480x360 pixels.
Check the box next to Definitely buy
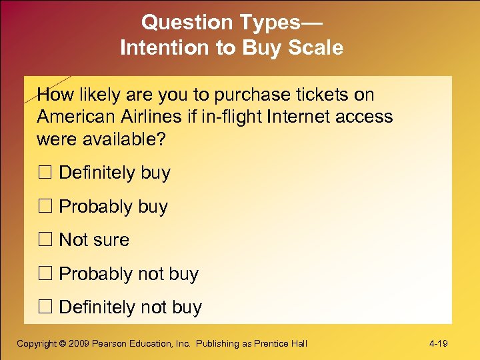[x=45, y=173]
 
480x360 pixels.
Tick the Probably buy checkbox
[x=45, y=207]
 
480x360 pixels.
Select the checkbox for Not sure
[x=45, y=241]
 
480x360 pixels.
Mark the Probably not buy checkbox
[x=45, y=275]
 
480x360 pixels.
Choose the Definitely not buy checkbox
[x=45, y=308]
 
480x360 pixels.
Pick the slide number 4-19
[x=438, y=344]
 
